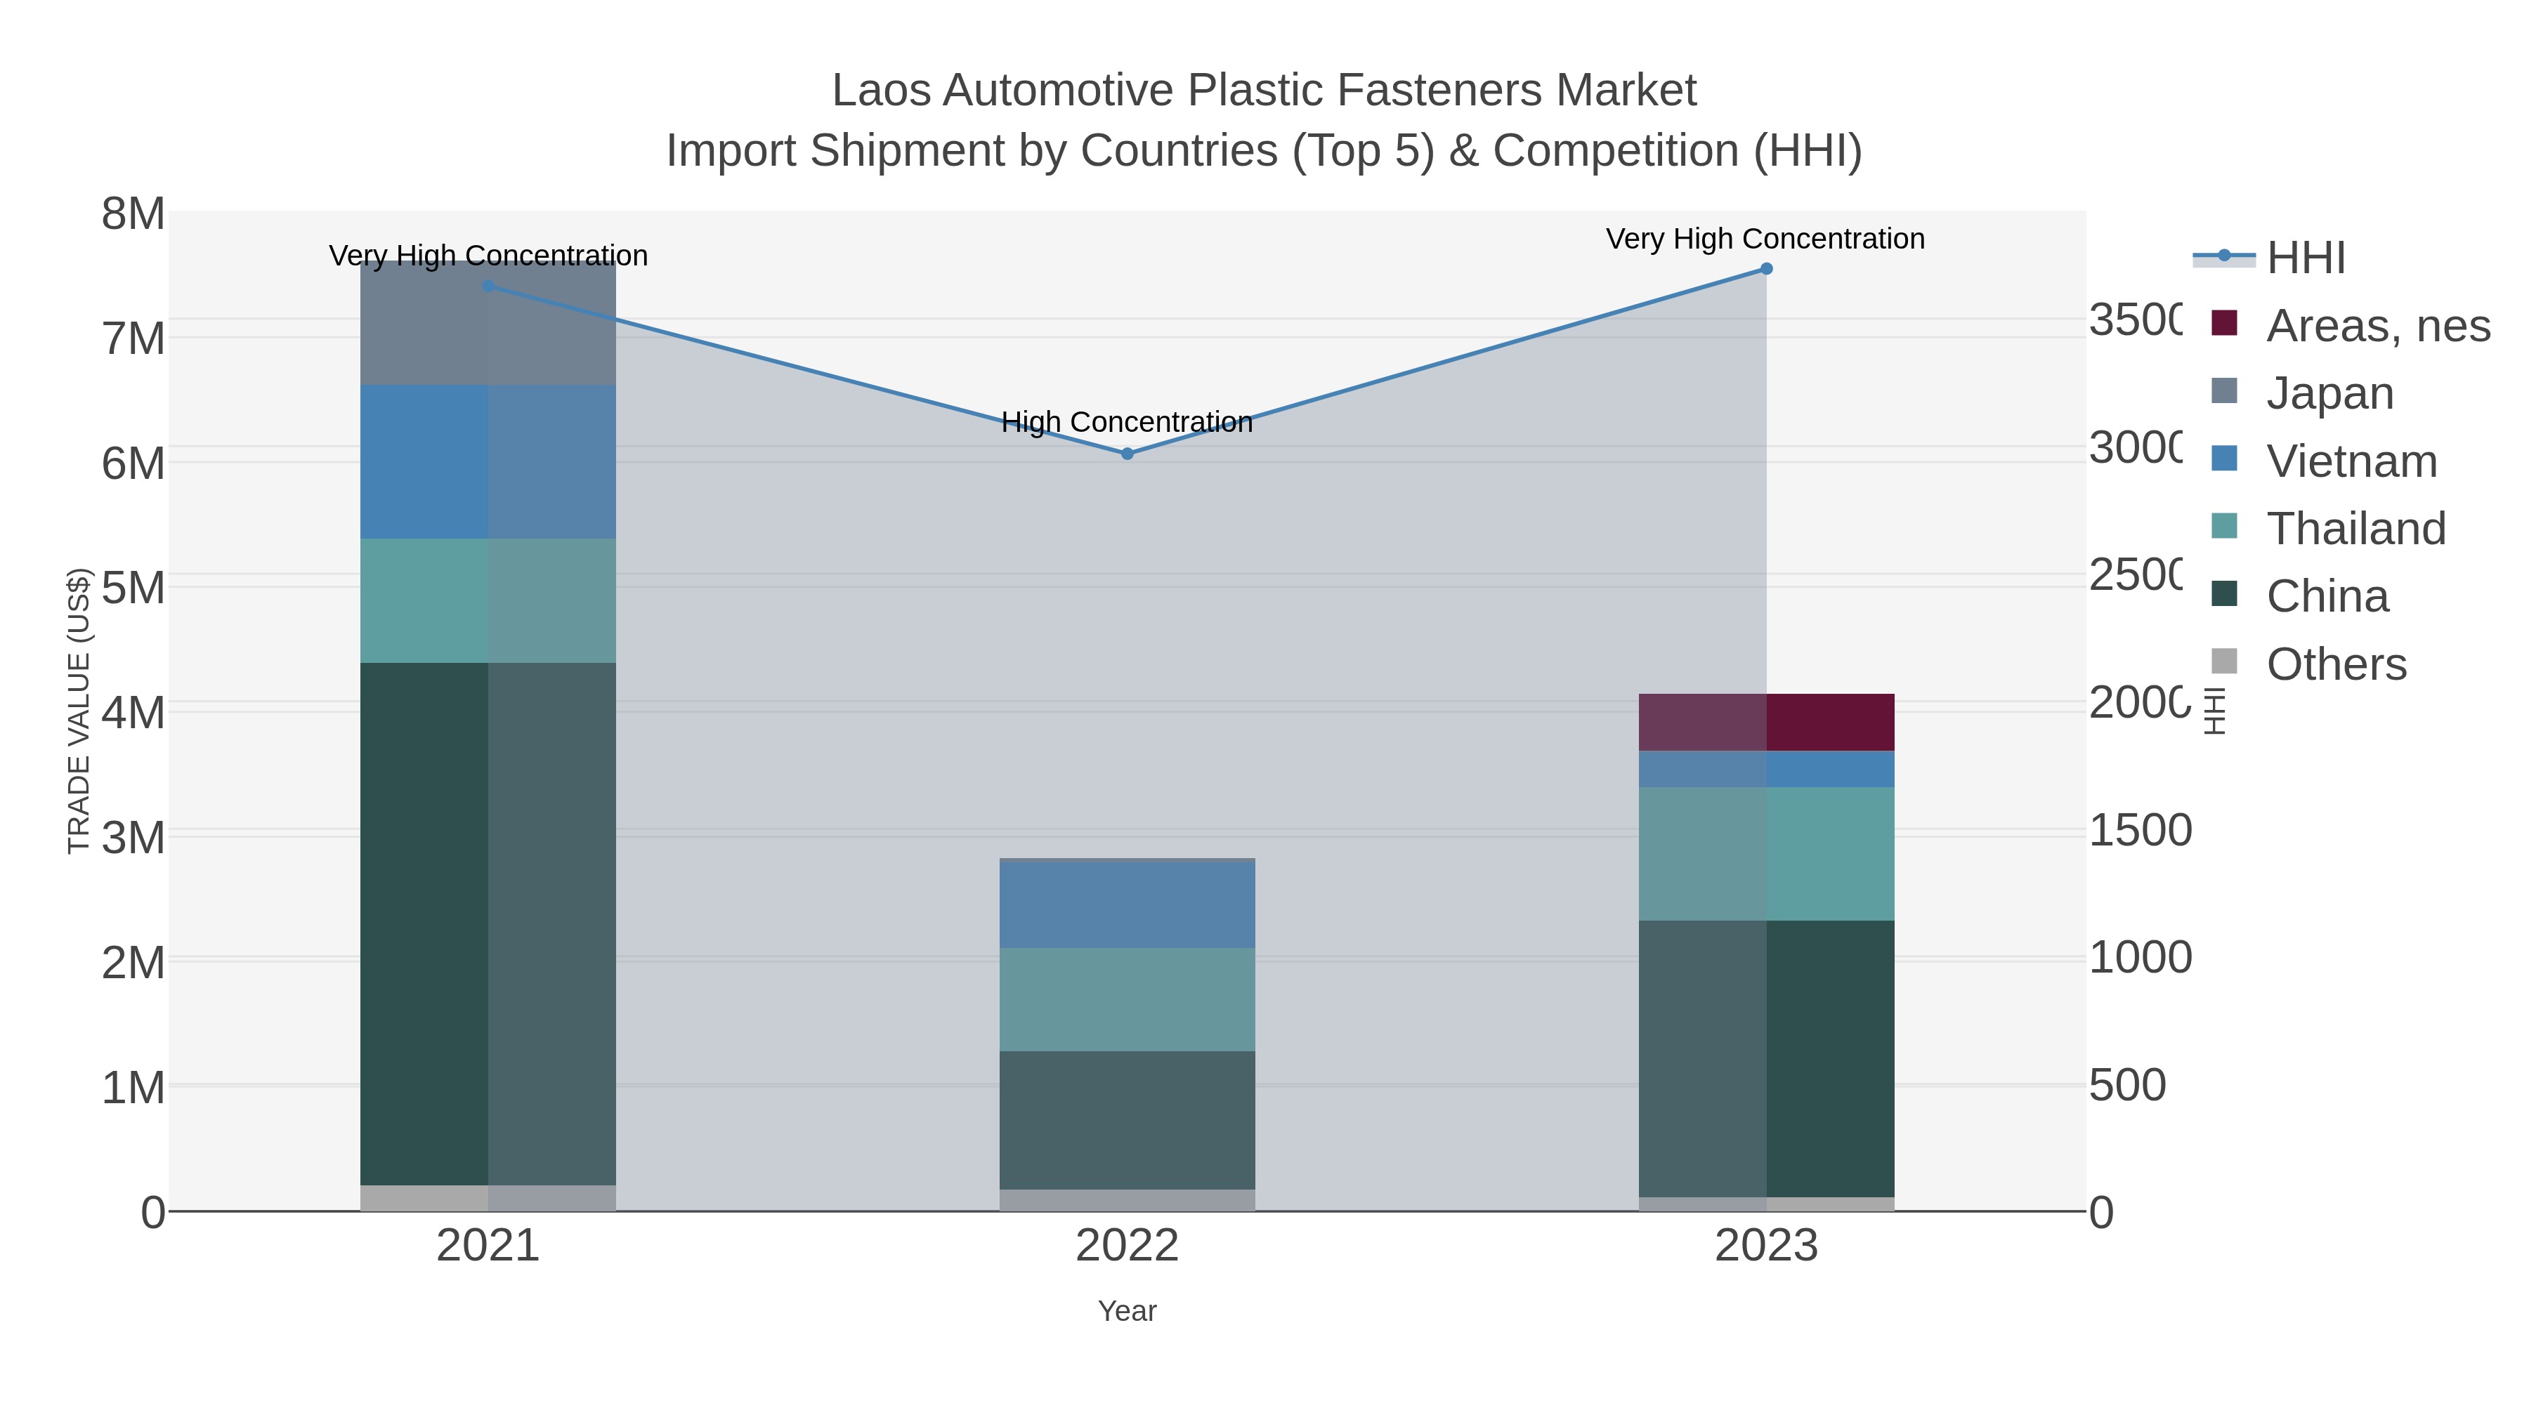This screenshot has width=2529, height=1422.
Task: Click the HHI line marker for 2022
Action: click(x=1127, y=454)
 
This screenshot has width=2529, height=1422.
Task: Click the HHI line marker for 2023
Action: click(x=1766, y=269)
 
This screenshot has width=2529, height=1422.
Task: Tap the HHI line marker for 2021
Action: click(x=489, y=287)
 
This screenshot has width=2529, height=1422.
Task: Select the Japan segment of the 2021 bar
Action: click(x=488, y=323)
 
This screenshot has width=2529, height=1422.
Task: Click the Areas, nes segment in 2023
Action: click(x=1766, y=723)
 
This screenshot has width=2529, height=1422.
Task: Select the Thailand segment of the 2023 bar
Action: click(x=1766, y=854)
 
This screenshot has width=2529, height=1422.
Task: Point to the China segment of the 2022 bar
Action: click(x=1127, y=1120)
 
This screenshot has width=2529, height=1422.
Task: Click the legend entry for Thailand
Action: click(x=2355, y=528)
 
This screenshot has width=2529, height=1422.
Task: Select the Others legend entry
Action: click(x=2336, y=664)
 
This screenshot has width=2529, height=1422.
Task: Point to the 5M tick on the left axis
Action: click(x=133, y=588)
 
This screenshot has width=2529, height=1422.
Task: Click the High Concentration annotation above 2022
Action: click(x=1127, y=422)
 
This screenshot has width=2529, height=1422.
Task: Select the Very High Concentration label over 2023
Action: click(x=1765, y=239)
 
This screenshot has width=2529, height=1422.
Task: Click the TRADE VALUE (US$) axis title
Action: click(x=79, y=711)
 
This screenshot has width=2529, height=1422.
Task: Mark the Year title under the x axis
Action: click(x=1127, y=1311)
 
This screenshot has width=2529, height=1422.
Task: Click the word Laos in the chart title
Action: click(x=881, y=91)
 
